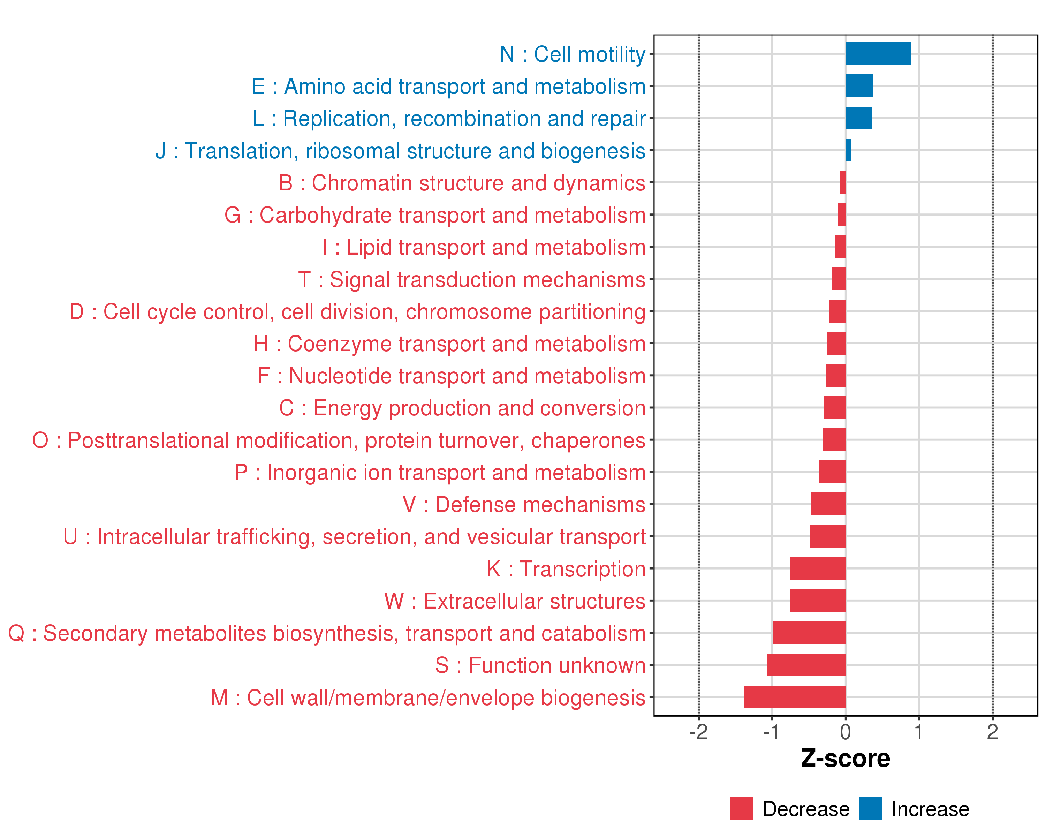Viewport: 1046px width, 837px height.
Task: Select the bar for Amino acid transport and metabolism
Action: point(859,86)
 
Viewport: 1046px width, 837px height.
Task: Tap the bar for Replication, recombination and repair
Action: point(858,118)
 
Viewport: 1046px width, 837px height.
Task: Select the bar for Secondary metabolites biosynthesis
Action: point(809,633)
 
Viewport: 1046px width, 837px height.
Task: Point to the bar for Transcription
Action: point(818,568)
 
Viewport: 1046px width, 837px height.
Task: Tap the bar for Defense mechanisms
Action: point(828,504)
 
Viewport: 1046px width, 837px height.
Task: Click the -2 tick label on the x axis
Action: point(698,732)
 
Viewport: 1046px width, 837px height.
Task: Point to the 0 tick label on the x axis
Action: point(845,732)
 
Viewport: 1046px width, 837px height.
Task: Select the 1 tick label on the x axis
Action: point(918,732)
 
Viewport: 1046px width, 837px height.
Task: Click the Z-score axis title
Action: point(845,759)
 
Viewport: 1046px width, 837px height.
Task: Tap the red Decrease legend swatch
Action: point(741,809)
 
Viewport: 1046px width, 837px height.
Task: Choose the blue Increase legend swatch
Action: point(870,809)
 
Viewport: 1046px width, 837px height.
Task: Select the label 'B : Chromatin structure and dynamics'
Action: point(462,183)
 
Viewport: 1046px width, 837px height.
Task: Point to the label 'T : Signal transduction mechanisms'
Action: point(472,279)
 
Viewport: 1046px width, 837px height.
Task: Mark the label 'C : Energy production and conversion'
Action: point(462,408)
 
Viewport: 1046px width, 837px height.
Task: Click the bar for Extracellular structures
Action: point(818,601)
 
